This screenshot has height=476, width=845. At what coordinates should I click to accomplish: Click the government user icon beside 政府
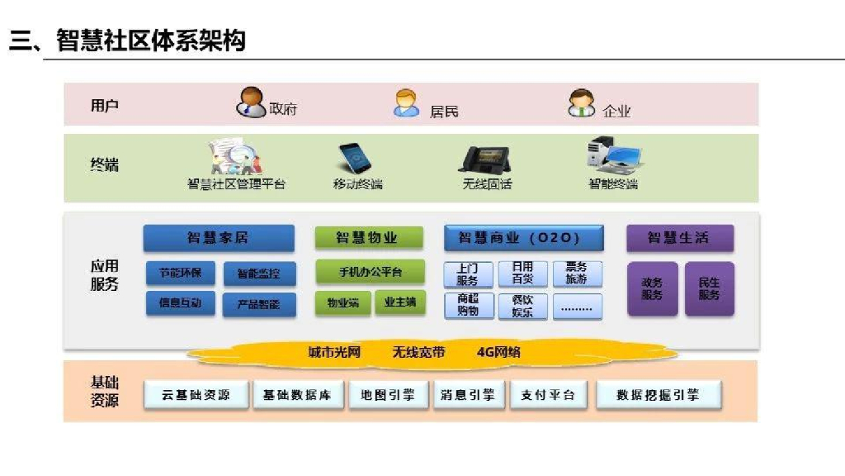pos(252,102)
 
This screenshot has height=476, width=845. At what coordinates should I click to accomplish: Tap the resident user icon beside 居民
pos(406,103)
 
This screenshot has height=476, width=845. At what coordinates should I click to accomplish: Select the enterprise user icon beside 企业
pos(581,103)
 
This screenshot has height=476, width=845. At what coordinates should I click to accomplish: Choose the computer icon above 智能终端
pos(613,155)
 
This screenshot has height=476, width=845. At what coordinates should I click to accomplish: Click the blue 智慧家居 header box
pos(218,238)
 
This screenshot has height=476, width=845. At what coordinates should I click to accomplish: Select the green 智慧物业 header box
pos(368,238)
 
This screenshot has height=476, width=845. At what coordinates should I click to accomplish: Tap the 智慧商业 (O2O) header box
pos(524,238)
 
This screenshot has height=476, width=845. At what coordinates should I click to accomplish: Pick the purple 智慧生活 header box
pos(679,238)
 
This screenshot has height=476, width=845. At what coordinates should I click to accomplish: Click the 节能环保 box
pos(181,274)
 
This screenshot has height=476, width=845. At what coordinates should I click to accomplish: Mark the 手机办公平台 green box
pos(370,272)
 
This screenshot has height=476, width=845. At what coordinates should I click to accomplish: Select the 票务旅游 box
pos(577,274)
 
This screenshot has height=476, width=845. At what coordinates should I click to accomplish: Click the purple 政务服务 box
pos(652,288)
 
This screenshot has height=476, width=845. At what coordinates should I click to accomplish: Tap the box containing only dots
pos(577,307)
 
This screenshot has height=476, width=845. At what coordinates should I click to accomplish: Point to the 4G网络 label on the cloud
pos(498,353)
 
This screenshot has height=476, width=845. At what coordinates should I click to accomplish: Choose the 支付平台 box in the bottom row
pos(548,395)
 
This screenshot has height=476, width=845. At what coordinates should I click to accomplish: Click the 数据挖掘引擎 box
pos(658,395)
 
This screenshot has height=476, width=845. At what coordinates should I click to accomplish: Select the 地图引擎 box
pos(388,395)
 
